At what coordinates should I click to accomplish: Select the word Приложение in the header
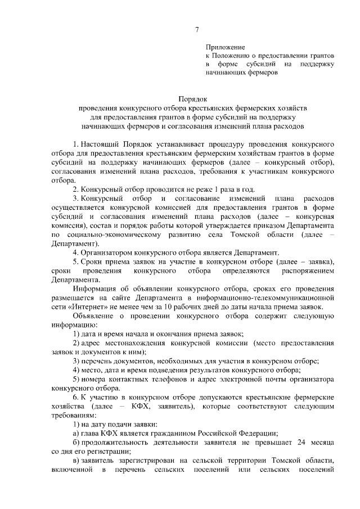223,48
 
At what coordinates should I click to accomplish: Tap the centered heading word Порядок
193,98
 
